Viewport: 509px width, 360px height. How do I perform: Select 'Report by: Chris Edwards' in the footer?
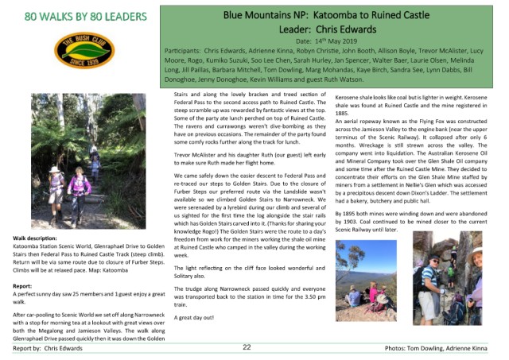click(x=52, y=348)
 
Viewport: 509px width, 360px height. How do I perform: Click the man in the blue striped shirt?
click(x=441, y=284)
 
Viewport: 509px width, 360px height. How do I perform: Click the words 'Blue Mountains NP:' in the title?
click(x=263, y=14)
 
